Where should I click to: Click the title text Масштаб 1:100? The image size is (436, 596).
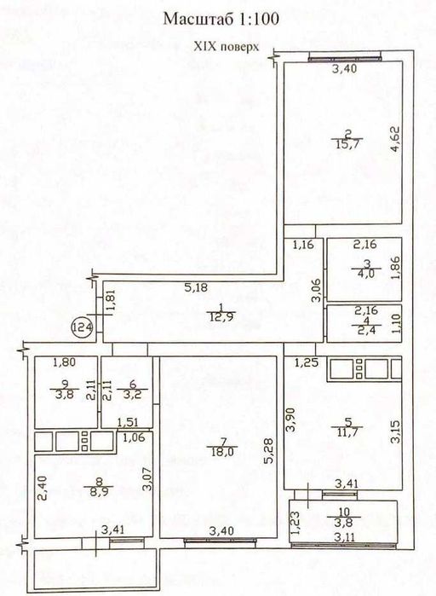(x=221, y=19)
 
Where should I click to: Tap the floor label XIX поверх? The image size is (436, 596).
(x=227, y=47)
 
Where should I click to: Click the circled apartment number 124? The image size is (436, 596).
(x=83, y=327)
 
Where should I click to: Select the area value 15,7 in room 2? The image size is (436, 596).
(x=347, y=144)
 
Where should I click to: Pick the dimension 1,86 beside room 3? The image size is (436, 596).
(x=395, y=269)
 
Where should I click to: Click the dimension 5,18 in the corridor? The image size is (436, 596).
(x=196, y=287)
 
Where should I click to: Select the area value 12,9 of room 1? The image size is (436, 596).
(x=222, y=315)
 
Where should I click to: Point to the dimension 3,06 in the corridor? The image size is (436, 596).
(x=316, y=291)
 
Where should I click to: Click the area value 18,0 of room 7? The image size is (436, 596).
(x=222, y=452)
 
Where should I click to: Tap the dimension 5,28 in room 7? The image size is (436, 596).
(x=269, y=451)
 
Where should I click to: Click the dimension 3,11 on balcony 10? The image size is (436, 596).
(x=345, y=537)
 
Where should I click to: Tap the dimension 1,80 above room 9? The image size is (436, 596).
(x=65, y=362)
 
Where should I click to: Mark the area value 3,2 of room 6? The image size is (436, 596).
(x=133, y=395)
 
